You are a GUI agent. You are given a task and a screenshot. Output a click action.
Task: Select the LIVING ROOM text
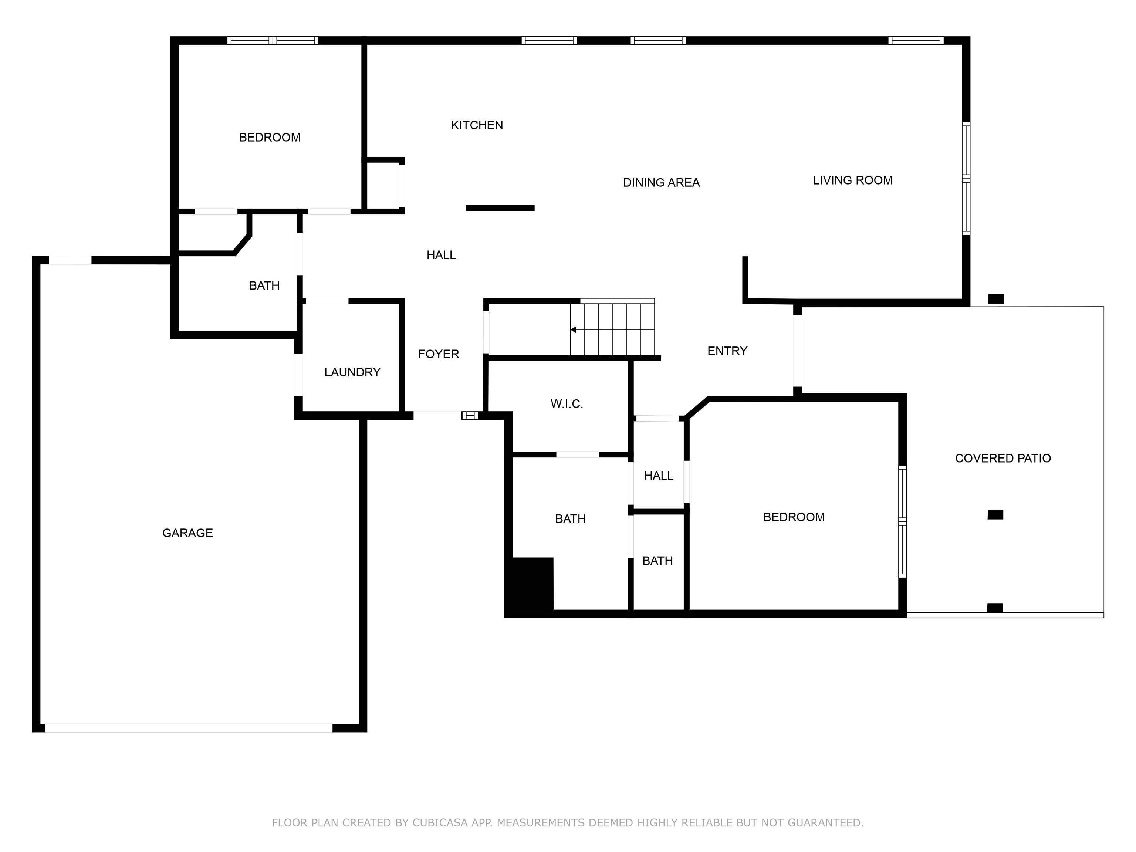click(852, 180)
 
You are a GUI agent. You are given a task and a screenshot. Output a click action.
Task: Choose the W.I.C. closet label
click(567, 404)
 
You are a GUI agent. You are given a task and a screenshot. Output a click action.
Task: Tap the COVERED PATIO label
click(1003, 459)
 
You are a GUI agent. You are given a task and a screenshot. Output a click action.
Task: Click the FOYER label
click(438, 354)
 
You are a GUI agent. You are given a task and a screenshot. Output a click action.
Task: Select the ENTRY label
click(727, 351)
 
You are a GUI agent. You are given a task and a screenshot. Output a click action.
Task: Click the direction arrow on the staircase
click(573, 330)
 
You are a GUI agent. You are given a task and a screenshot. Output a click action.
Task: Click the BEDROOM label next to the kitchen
click(270, 138)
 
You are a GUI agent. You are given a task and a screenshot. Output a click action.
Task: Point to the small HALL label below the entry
click(658, 476)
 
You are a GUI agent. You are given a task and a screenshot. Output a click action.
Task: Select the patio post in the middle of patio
click(995, 515)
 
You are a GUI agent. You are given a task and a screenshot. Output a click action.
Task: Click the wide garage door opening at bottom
click(189, 728)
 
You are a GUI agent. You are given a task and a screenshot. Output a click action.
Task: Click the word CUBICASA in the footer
click(440, 823)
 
